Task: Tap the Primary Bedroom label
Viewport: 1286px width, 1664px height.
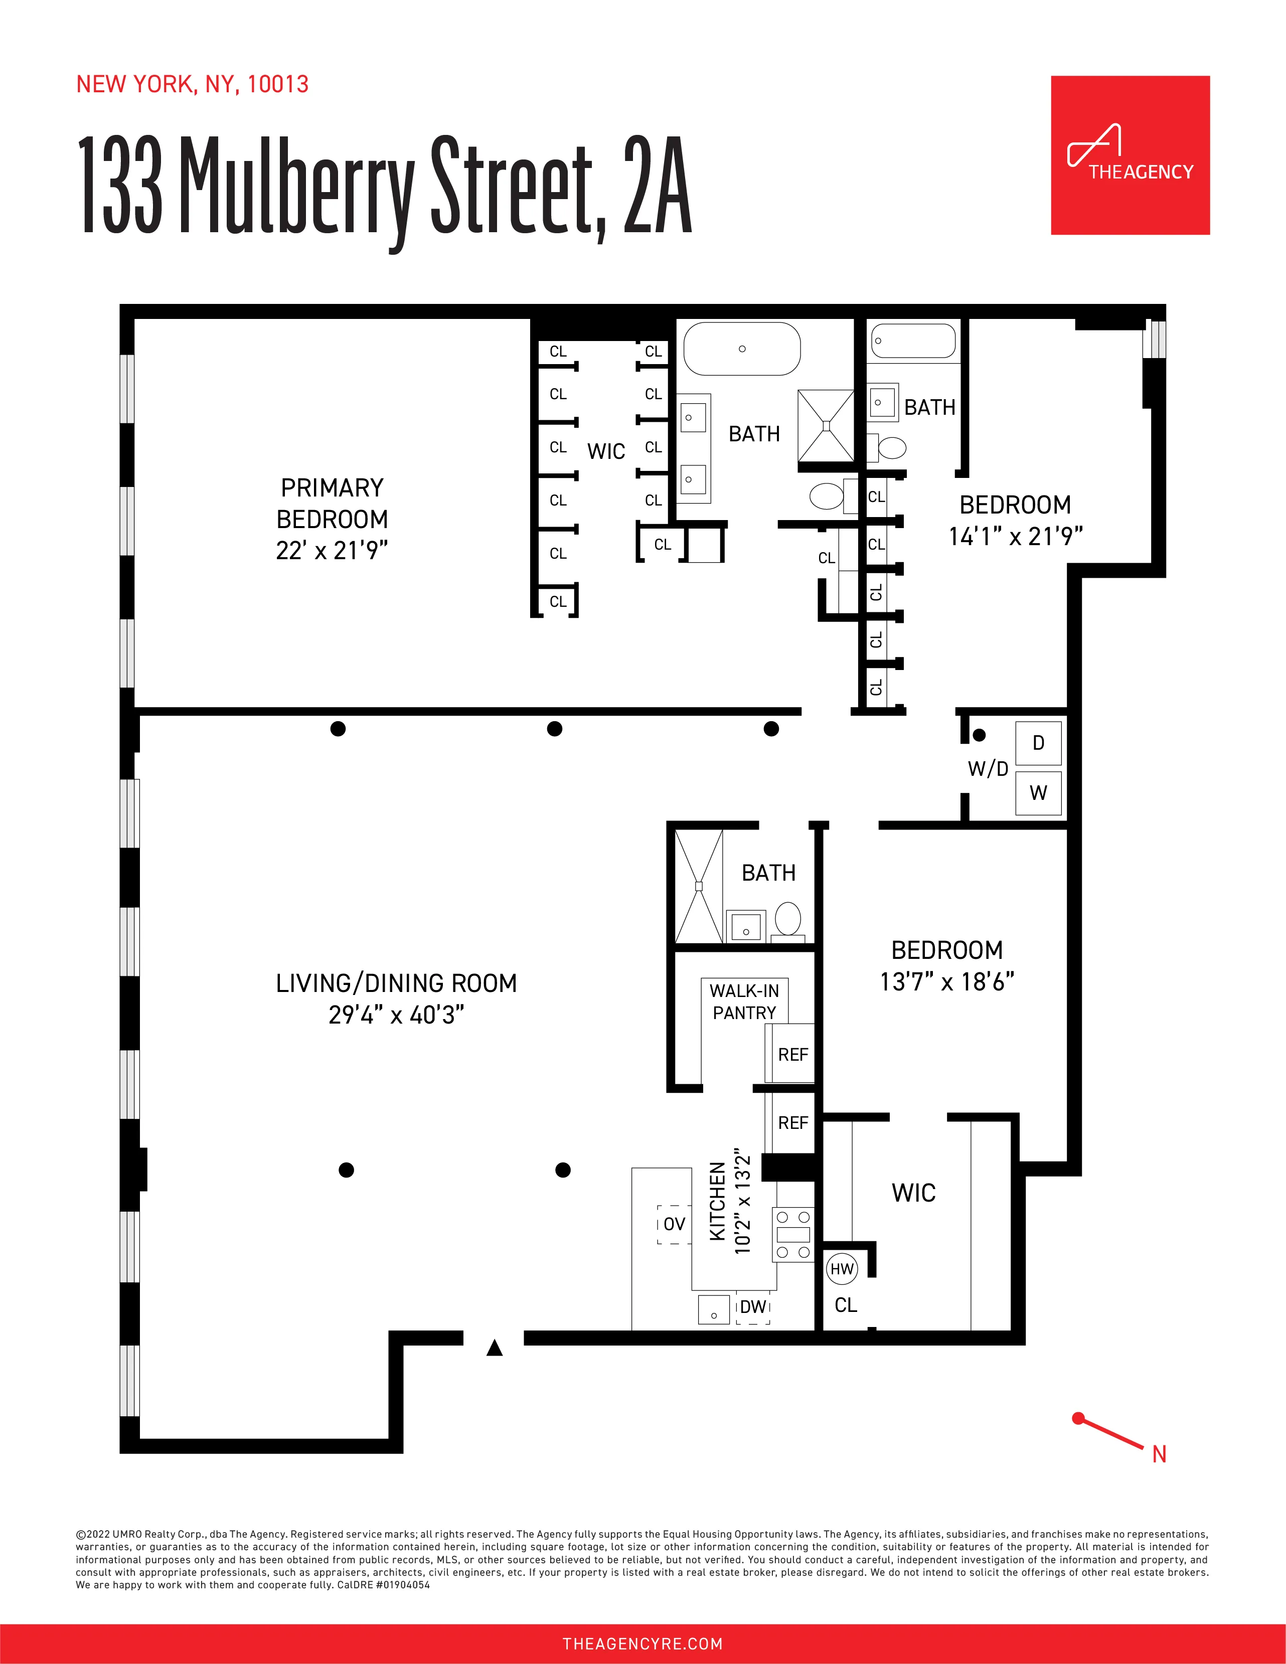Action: [332, 503]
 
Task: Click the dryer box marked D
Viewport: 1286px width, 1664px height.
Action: [1038, 743]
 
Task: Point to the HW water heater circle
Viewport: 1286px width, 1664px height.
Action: [842, 1269]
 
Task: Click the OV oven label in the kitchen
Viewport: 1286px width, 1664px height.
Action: [674, 1224]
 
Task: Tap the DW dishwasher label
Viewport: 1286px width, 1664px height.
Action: [753, 1306]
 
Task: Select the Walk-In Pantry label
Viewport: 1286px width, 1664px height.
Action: [744, 1001]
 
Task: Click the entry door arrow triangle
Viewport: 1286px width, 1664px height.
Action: [495, 1348]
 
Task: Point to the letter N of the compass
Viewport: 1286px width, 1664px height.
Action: [1159, 1454]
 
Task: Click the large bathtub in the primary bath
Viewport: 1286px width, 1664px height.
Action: [742, 349]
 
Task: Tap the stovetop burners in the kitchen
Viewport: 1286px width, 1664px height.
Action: [793, 1234]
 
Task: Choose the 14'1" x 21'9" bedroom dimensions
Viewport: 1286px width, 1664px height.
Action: [1016, 537]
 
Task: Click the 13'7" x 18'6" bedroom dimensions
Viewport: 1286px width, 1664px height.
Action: [947, 982]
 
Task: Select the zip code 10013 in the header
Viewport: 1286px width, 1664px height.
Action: [278, 84]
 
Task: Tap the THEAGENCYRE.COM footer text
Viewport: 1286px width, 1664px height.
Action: [642, 1643]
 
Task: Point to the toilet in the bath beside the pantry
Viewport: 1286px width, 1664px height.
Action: [788, 920]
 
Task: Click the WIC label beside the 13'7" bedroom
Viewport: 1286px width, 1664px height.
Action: [913, 1193]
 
